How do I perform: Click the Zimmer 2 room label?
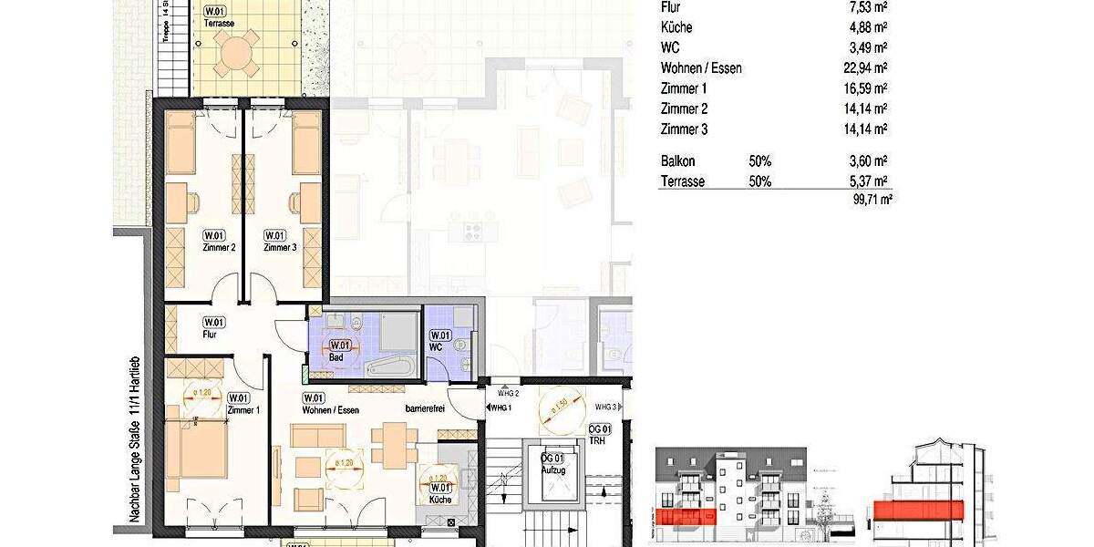point(219,247)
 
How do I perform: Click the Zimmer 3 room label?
point(281,247)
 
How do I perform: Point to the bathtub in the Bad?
point(390,367)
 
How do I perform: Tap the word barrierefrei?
point(425,410)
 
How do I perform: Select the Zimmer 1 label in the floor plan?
point(243,410)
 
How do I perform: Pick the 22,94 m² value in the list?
point(867,68)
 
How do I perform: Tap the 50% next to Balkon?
point(759,161)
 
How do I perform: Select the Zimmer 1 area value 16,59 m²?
point(867,89)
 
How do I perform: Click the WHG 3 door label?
point(606,407)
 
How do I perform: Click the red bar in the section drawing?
point(919,510)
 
